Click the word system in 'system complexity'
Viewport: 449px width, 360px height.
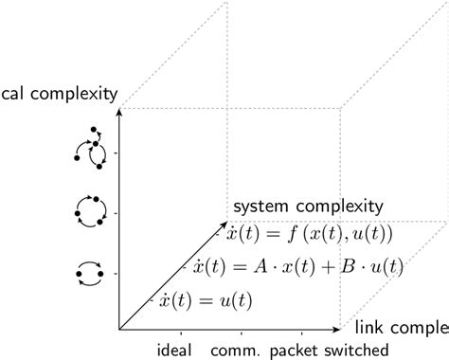[x=262, y=206]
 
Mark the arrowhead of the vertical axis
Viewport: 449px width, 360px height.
[x=118, y=112]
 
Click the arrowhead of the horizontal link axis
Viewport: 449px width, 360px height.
[x=336, y=330]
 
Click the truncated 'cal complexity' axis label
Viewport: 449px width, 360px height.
[x=59, y=94]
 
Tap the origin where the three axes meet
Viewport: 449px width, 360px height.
[x=118, y=330]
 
